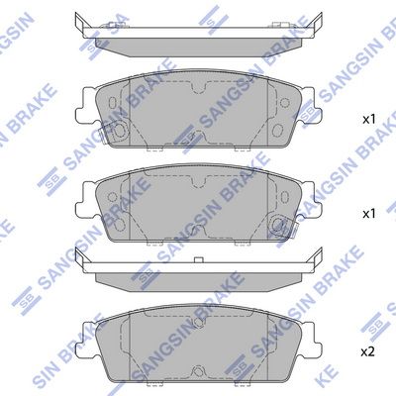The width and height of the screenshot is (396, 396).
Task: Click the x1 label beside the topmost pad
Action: pos(368,120)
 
